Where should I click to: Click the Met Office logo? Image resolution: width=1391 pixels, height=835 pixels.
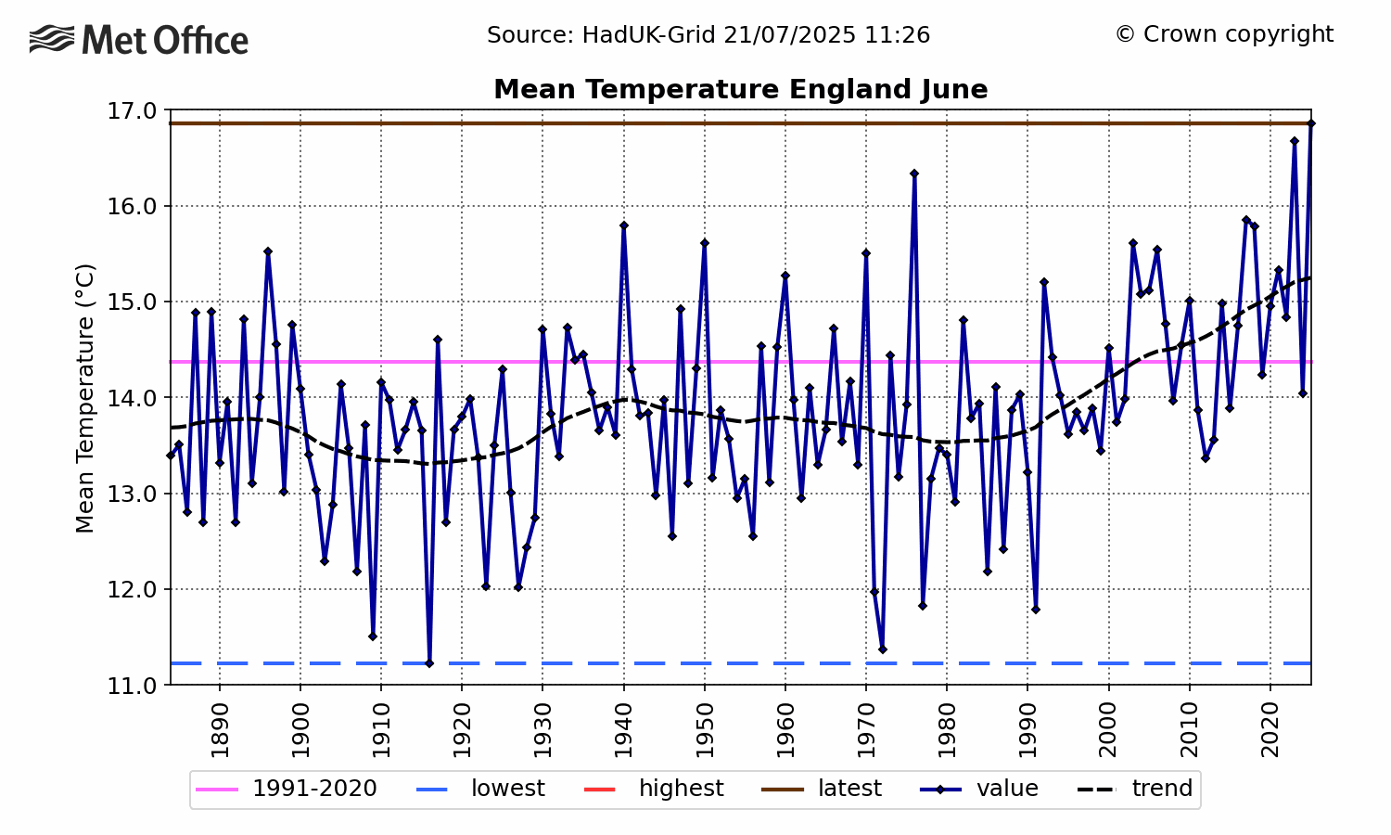[138, 40]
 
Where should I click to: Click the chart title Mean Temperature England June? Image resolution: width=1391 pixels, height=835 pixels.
[740, 89]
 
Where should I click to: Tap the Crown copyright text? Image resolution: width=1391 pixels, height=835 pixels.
[1224, 35]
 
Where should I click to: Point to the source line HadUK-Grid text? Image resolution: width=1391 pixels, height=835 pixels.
[708, 35]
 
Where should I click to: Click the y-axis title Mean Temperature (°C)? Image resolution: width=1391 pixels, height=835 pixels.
[84, 398]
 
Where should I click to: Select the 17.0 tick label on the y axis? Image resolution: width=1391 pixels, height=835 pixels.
[133, 111]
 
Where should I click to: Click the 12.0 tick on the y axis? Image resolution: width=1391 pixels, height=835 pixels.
[133, 589]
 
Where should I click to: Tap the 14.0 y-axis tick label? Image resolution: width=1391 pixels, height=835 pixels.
[133, 398]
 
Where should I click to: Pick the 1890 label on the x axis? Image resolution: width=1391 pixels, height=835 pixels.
[220, 730]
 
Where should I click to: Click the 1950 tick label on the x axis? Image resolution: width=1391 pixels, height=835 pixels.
[705, 730]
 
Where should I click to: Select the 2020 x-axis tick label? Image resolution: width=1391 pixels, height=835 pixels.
[1270, 730]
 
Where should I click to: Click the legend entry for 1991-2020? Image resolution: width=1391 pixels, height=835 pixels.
[287, 789]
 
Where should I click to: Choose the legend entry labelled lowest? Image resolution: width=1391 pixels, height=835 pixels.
[480, 789]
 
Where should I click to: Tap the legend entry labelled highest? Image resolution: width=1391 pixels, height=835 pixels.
[654, 789]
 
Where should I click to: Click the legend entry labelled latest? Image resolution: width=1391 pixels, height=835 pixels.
[822, 789]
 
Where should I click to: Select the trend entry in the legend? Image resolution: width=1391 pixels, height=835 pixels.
[1135, 789]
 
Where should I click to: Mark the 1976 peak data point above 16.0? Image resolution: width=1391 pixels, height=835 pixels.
[914, 173]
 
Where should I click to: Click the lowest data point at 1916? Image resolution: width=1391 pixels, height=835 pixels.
[429, 663]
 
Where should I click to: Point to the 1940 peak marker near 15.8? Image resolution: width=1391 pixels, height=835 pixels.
[623, 225]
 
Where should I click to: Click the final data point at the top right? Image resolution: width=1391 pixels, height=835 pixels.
[1311, 123]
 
